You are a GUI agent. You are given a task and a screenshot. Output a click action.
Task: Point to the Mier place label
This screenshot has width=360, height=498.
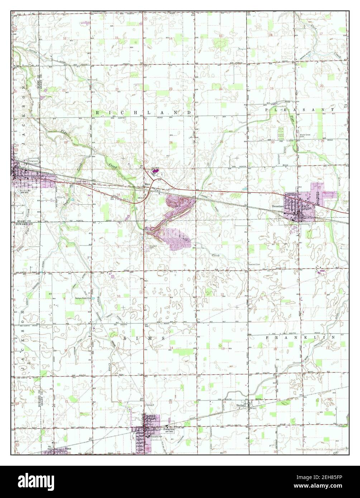point(146,185)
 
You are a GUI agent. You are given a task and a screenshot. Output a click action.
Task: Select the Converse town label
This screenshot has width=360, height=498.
point(22,190)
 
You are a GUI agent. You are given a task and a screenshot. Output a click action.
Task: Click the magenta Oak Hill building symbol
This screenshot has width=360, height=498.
point(155,171)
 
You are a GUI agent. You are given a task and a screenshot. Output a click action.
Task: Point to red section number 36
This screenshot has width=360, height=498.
point(222,194)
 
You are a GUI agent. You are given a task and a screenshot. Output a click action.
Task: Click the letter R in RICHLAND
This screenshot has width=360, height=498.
point(97,113)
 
